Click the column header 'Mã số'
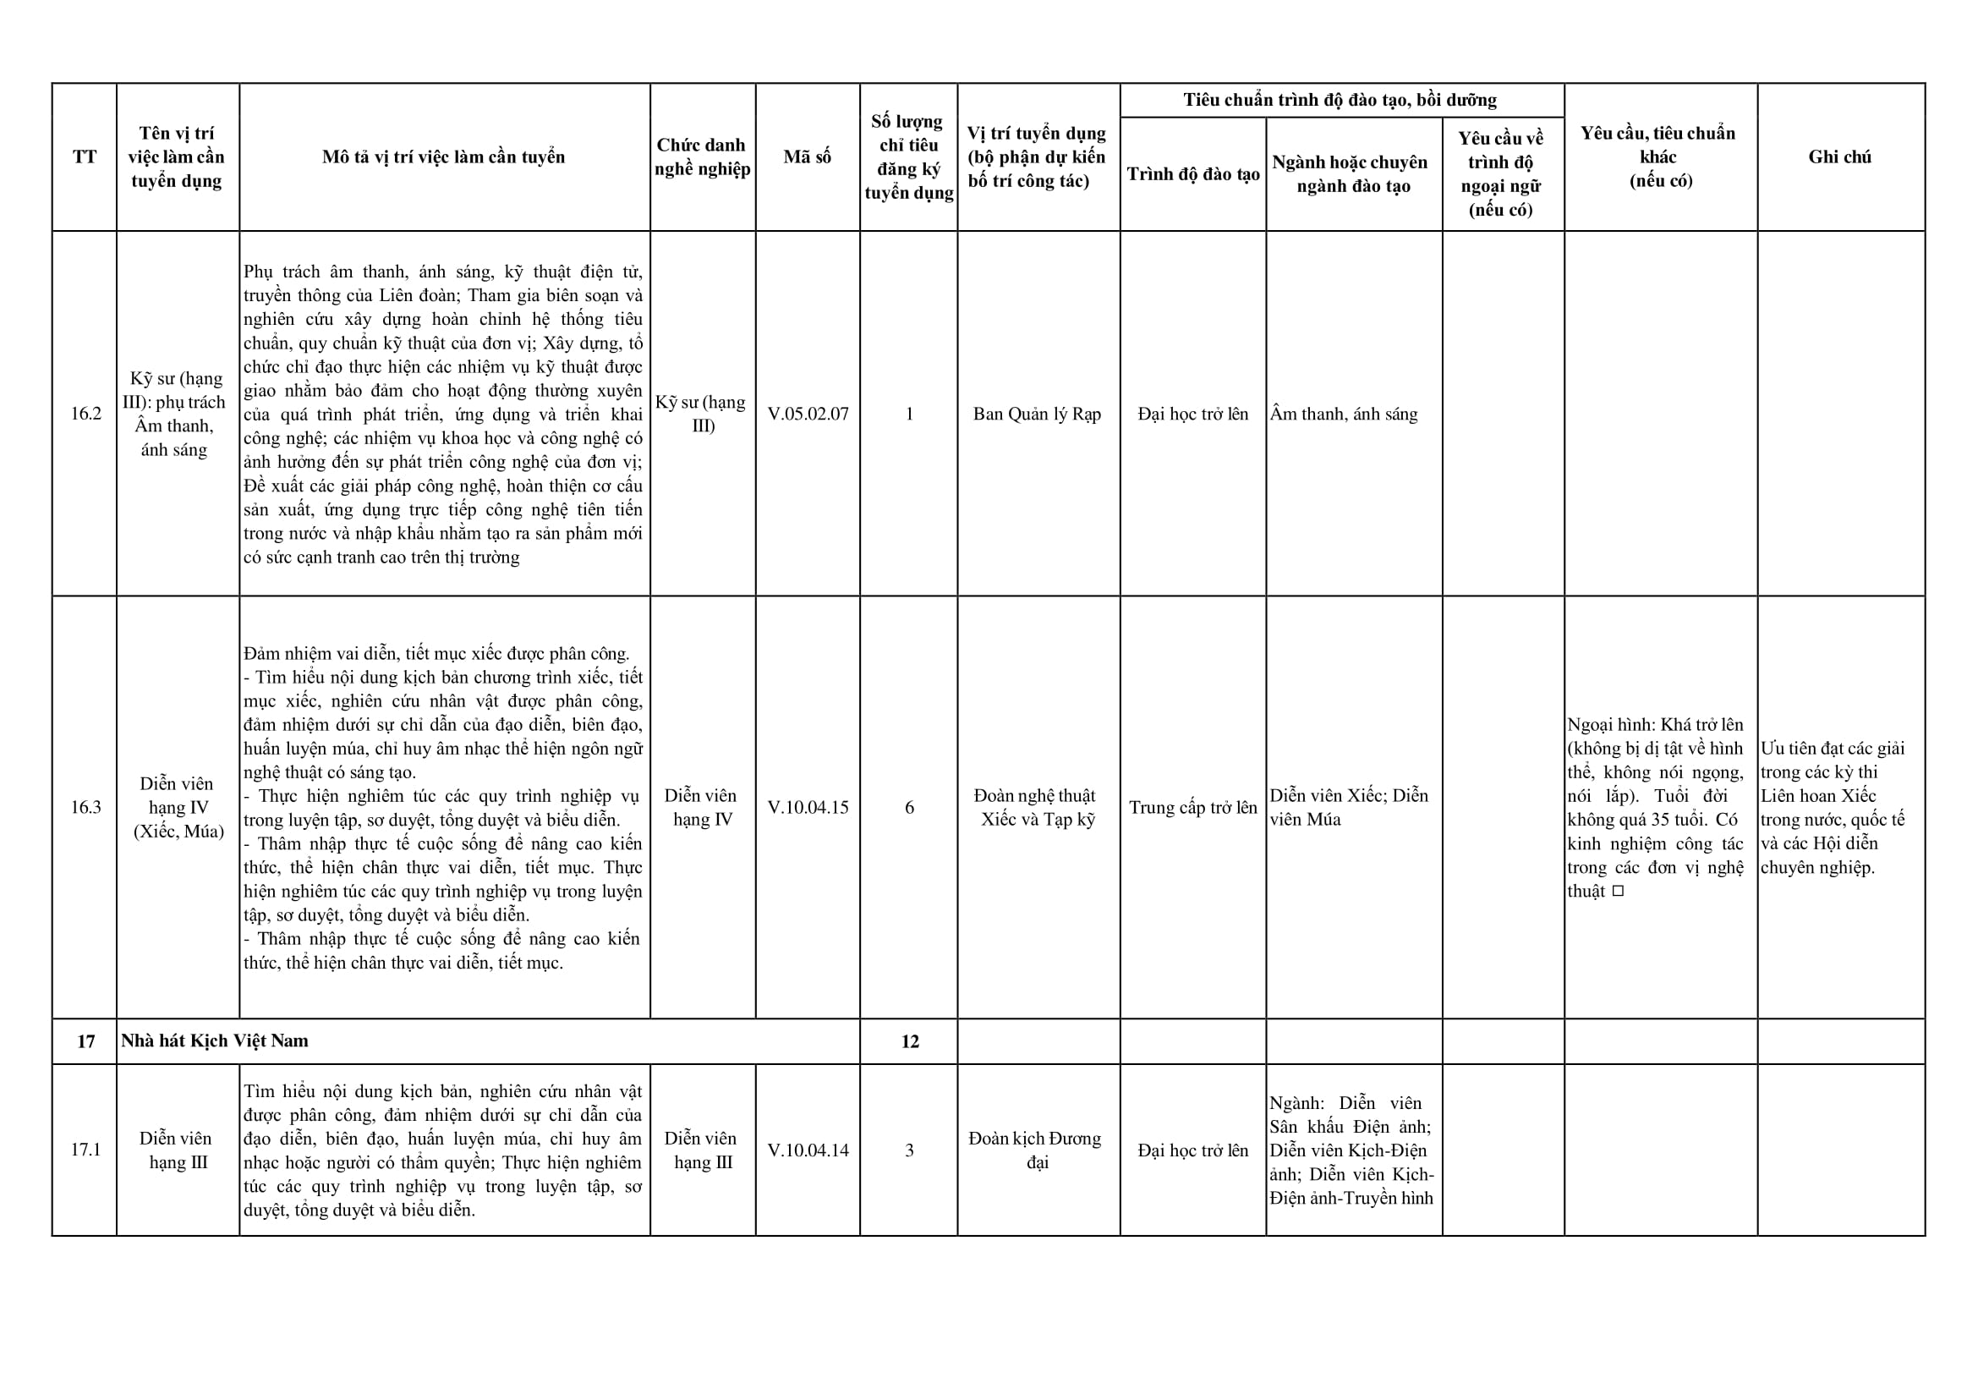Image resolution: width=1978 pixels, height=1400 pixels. tap(807, 156)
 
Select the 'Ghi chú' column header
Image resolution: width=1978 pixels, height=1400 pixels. tap(1839, 156)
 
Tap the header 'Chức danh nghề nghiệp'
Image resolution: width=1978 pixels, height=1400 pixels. tap(702, 156)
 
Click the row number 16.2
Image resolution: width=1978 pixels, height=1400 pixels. tap(85, 414)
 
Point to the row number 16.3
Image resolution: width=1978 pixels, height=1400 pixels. tap(85, 808)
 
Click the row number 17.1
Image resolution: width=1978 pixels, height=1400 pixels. tap(85, 1150)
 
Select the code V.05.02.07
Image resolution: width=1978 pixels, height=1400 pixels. tap(808, 414)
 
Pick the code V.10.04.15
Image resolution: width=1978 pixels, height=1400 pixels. tap(808, 808)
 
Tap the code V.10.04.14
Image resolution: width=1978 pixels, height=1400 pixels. tap(808, 1150)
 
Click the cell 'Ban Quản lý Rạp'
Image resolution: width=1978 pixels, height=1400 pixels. tap(1037, 414)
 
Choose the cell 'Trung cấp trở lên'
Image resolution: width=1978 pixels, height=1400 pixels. tap(1193, 808)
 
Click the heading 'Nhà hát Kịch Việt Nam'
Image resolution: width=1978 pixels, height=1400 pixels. tap(215, 1040)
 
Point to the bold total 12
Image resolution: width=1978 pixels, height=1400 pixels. tap(909, 1041)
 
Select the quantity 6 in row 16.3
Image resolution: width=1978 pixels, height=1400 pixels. tap(909, 808)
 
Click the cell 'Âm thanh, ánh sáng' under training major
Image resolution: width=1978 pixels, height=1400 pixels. tap(1343, 414)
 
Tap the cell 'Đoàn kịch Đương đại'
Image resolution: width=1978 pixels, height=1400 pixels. tap(1036, 1150)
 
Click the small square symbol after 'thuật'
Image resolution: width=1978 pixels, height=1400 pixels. tap(1618, 892)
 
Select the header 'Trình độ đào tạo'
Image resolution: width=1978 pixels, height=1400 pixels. tap(1193, 174)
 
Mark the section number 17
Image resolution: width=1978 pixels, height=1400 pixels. tap(85, 1041)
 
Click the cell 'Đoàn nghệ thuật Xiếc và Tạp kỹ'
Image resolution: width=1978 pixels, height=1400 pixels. tap(1036, 808)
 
